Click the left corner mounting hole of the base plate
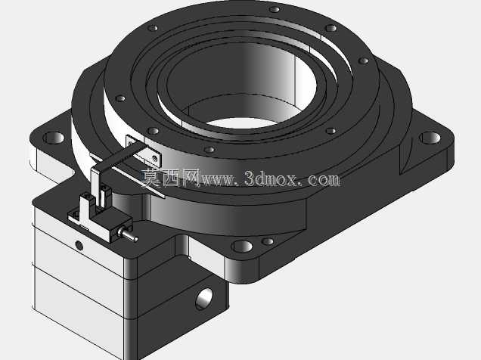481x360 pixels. [54, 138]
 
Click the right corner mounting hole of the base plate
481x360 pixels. [430, 138]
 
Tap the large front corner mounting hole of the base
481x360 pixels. [242, 247]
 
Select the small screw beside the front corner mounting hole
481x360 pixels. [268, 241]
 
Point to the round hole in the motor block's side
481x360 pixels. [204, 299]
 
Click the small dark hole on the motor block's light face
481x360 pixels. [79, 245]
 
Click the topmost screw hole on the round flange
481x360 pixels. [275, 10]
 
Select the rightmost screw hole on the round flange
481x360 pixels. [364, 61]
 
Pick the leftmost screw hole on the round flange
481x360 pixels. [120, 98]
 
